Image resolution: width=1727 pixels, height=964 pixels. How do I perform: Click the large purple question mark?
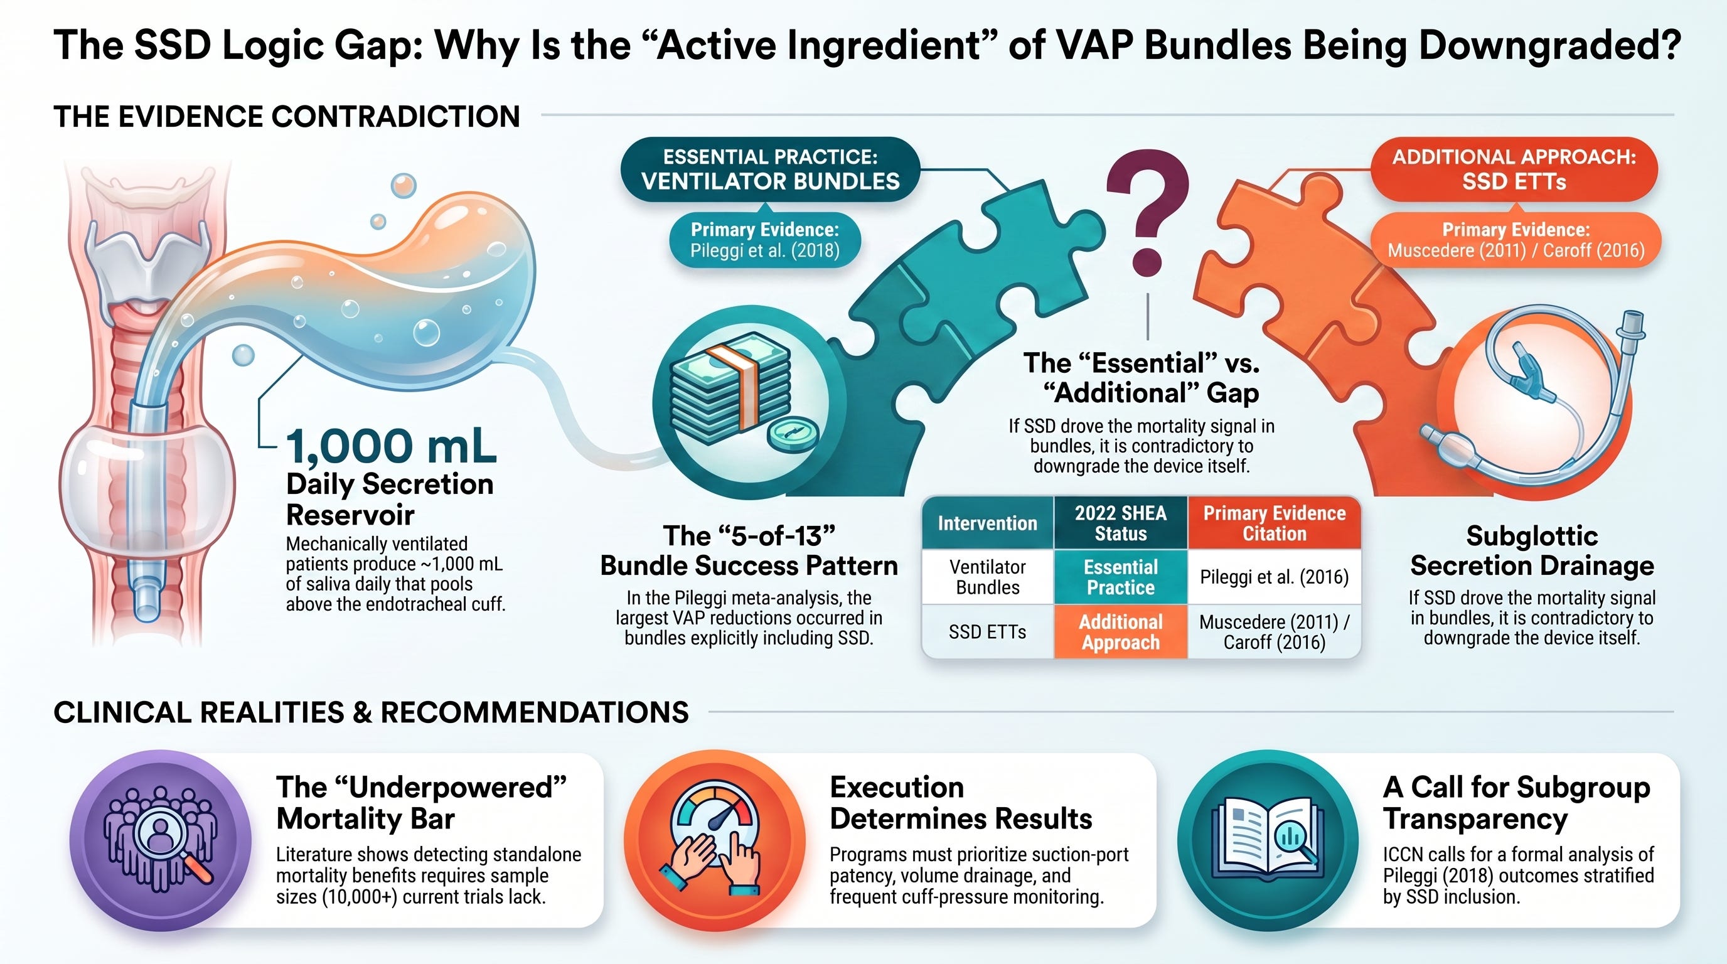tap(1148, 208)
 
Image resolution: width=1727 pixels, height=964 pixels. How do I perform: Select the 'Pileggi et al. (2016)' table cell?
tap(1274, 577)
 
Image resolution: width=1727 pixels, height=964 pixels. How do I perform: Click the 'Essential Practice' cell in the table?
tap(1121, 577)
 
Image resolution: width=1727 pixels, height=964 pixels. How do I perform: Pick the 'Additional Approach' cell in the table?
tap(1121, 631)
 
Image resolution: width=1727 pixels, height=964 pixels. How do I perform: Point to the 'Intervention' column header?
tap(988, 523)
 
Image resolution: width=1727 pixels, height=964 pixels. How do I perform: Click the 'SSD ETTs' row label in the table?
tap(988, 631)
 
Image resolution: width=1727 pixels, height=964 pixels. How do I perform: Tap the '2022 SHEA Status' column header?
tap(1121, 523)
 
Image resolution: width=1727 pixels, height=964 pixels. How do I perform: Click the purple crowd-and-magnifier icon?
tap(160, 840)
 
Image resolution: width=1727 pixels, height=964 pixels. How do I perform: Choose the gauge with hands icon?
tap(714, 840)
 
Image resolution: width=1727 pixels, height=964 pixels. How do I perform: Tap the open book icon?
tap(1268, 840)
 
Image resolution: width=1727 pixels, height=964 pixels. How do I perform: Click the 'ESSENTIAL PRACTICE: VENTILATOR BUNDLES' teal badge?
tap(771, 169)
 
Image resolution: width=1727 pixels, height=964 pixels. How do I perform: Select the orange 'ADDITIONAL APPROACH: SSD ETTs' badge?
tap(1514, 169)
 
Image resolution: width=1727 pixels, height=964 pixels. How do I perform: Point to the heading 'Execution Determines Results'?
tap(961, 803)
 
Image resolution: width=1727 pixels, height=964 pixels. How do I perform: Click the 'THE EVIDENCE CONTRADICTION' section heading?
tap(287, 117)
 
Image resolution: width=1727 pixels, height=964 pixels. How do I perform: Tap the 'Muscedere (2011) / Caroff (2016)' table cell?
tap(1274, 631)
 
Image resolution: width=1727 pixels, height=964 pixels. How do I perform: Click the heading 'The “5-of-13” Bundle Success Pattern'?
tap(749, 550)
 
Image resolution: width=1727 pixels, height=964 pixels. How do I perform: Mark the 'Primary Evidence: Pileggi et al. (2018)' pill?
tap(765, 240)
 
